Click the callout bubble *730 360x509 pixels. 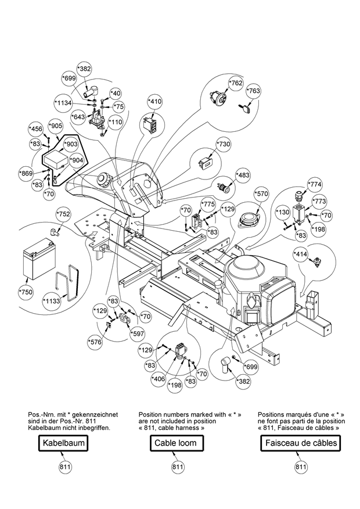[x=224, y=144]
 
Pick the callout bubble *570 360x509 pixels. [x=262, y=194]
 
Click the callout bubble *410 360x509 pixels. [x=154, y=102]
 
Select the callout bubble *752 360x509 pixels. [x=64, y=214]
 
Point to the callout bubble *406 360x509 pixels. [x=158, y=379]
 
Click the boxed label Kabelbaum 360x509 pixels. [x=63, y=443]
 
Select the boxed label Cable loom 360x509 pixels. [x=175, y=443]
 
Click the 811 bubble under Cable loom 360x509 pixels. [x=178, y=467]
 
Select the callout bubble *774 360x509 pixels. [x=315, y=184]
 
